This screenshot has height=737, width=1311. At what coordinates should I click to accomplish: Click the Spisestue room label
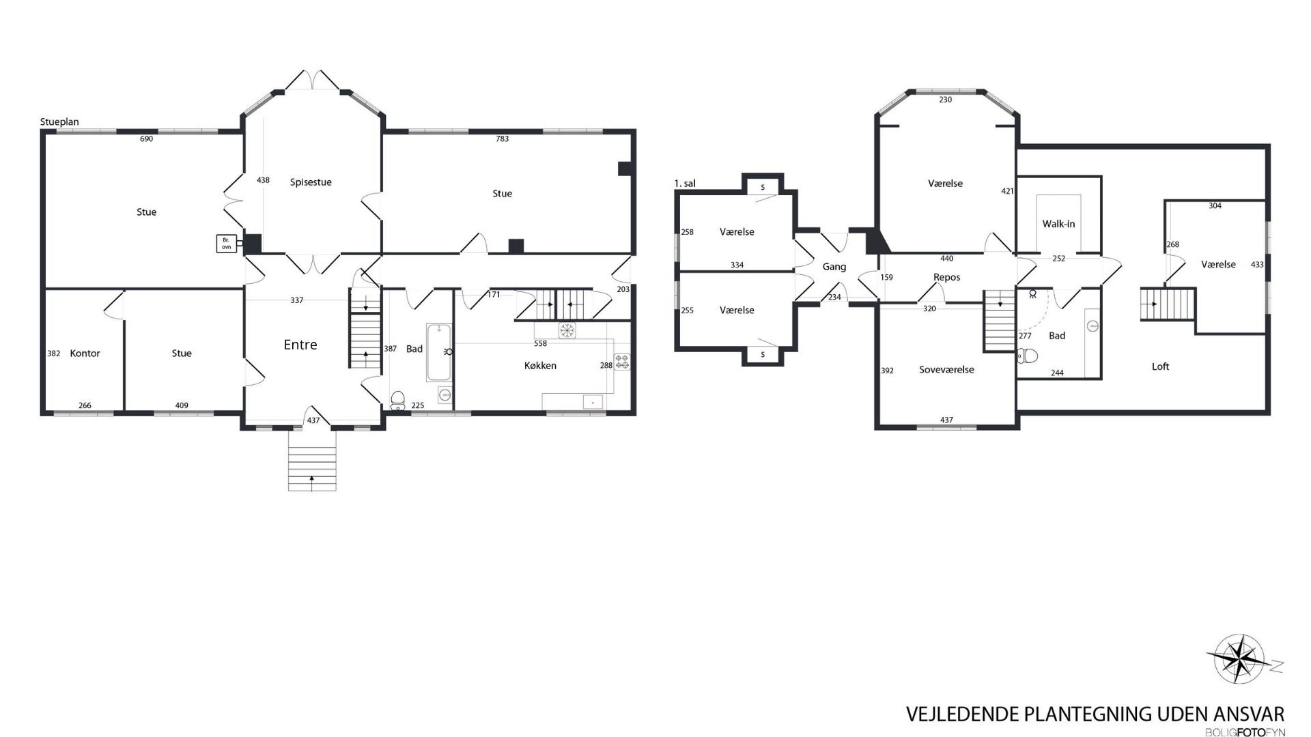click(x=311, y=182)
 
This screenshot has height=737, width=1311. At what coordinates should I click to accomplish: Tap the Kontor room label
click(x=85, y=353)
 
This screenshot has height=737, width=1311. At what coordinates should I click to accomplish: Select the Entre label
click(x=300, y=345)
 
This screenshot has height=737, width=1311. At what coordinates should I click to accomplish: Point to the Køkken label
click(x=540, y=366)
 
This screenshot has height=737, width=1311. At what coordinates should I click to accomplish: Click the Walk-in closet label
click(x=1058, y=224)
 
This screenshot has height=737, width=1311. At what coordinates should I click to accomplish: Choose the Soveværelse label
click(x=946, y=370)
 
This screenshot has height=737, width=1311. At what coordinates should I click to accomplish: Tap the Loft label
click(x=1160, y=366)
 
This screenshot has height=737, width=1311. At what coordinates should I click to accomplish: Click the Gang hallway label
click(x=834, y=267)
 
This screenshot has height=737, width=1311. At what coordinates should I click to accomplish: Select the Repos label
click(x=946, y=277)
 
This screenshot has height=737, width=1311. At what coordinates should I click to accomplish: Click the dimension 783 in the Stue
click(x=502, y=139)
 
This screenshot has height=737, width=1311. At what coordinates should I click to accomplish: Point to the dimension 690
click(x=146, y=139)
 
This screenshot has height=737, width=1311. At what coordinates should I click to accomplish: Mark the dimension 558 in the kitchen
click(x=540, y=344)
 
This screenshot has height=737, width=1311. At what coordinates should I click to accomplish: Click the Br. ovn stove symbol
click(x=227, y=244)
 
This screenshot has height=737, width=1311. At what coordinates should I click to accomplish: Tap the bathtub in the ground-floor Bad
click(x=438, y=352)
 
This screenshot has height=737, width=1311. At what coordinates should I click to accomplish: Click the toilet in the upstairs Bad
click(x=1028, y=356)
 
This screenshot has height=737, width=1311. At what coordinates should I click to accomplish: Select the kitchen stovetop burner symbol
click(x=621, y=362)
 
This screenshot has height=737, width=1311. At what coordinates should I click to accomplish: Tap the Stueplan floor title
click(x=59, y=122)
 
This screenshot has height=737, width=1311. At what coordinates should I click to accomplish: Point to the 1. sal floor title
click(x=685, y=184)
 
